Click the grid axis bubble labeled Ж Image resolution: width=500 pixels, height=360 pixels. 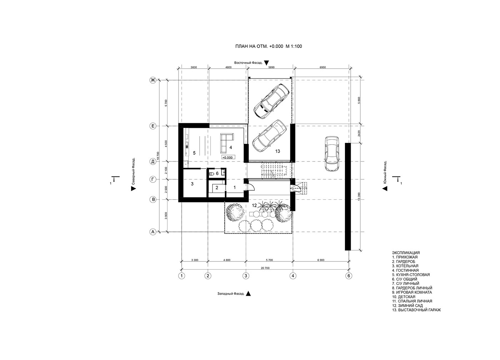tap(153, 80)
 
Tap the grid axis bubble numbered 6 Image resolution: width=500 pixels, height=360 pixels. tap(349, 276)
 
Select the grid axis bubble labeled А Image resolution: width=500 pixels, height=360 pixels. tap(153, 232)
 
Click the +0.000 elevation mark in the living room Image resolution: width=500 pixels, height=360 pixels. tap(228, 157)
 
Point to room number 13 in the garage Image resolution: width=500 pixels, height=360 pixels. tap(277, 151)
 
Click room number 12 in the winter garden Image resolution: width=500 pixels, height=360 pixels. tap(254, 205)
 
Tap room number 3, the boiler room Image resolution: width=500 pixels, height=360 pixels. tap(192, 184)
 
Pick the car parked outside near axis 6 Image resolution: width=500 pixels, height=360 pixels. tap(332, 154)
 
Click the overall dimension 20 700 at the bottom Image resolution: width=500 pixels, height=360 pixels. tap(265, 268)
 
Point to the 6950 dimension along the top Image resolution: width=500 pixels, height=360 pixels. tap(322, 67)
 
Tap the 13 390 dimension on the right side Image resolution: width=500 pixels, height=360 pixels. tap(359, 196)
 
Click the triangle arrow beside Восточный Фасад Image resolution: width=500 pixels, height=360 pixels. tap(266, 63)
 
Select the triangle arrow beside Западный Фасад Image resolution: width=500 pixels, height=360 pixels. tap(248, 294)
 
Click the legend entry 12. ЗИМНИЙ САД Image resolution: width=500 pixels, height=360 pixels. tap(407, 306)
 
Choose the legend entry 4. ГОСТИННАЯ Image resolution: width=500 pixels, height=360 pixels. tap(405, 270)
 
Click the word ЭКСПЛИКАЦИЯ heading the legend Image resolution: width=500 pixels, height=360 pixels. tap(406, 252)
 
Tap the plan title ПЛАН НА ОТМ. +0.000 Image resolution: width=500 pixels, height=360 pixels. tap(259, 46)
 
